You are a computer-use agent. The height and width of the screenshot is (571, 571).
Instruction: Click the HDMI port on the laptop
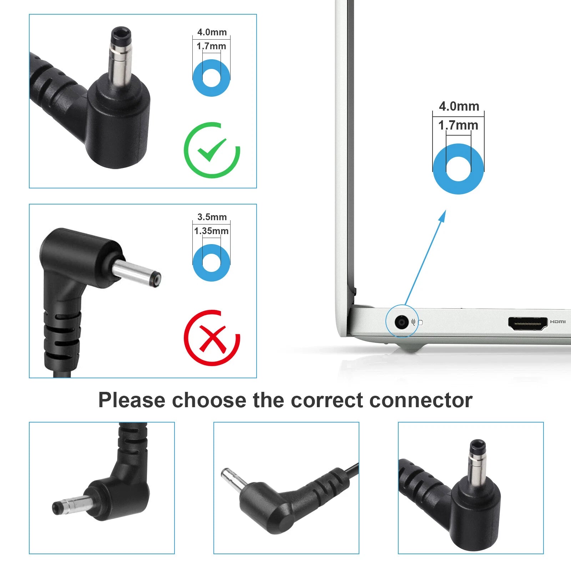[x=528, y=323]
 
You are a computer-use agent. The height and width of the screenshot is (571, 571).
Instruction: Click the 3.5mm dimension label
[x=212, y=217]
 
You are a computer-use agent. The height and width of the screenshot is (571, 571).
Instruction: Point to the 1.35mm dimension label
[x=211, y=231]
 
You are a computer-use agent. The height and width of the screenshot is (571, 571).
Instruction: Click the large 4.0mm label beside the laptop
[x=459, y=106]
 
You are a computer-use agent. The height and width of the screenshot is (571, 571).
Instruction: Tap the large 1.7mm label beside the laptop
[x=458, y=125]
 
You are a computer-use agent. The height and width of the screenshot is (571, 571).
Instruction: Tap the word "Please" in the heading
[x=132, y=400]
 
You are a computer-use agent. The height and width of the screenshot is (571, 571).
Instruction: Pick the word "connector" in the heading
[x=421, y=400]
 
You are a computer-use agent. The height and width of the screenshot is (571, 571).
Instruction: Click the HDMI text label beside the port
[x=558, y=322]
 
